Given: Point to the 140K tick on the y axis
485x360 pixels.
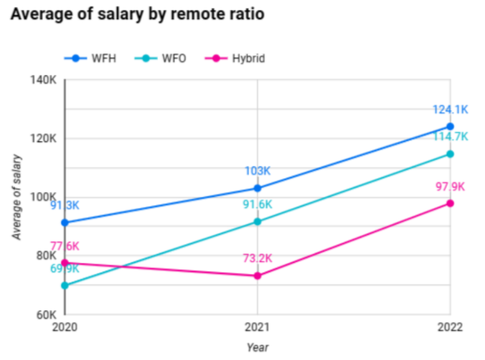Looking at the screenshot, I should (44, 80).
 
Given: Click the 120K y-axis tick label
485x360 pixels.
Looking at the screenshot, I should (44, 139).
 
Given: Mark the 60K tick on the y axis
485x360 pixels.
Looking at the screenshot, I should (45, 314).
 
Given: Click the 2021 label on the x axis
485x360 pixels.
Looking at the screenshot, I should (257, 328).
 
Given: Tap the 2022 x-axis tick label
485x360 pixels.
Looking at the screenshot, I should (450, 328).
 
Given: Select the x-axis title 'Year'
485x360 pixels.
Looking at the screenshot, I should (257, 347).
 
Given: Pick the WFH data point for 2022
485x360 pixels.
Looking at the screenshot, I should (450, 126).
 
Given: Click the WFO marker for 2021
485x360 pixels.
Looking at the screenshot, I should (258, 222).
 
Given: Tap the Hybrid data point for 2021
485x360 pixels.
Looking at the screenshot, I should (258, 275).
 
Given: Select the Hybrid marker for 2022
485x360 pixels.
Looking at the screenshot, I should (450, 203).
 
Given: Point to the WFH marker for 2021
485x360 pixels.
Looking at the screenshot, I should (258, 188).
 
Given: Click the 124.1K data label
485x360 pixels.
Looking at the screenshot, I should (450, 110).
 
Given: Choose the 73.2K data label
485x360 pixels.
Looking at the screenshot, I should (258, 258).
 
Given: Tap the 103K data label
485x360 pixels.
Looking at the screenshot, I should (258, 171).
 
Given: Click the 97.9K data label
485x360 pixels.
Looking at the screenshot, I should (450, 186).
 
